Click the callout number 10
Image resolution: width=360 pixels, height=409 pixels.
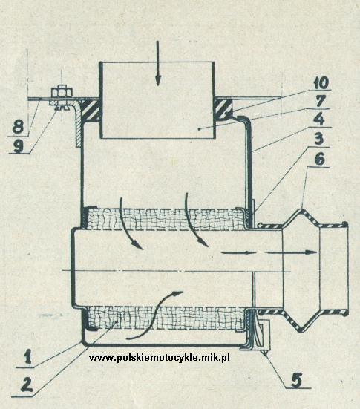(321, 83)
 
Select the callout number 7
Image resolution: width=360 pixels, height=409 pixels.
(321, 101)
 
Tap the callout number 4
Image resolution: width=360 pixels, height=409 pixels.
(319, 120)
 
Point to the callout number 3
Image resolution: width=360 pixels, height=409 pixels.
(318, 139)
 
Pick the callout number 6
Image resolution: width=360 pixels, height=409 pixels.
(320, 159)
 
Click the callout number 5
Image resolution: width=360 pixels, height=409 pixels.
(297, 379)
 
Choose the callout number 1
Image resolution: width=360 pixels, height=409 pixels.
(27, 357)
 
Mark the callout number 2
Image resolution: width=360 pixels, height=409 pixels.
(27, 385)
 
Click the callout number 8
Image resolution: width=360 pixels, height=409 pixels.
(18, 127)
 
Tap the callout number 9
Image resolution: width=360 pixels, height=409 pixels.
(19, 146)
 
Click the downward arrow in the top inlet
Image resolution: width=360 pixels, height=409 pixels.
(157, 63)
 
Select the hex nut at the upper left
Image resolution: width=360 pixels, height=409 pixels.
(62, 92)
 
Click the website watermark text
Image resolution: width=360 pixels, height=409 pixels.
(160, 357)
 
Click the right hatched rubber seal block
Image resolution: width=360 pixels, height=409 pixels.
(223, 110)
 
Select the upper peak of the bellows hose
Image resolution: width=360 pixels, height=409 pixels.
(301, 209)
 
